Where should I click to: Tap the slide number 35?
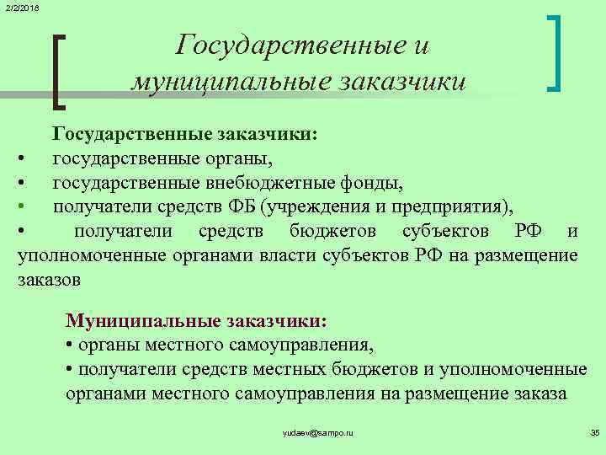click(594, 432)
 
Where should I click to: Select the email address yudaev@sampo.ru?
click(318, 432)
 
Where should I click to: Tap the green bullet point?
click(28, 206)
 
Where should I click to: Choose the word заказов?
click(49, 280)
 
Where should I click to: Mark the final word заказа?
click(540, 394)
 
